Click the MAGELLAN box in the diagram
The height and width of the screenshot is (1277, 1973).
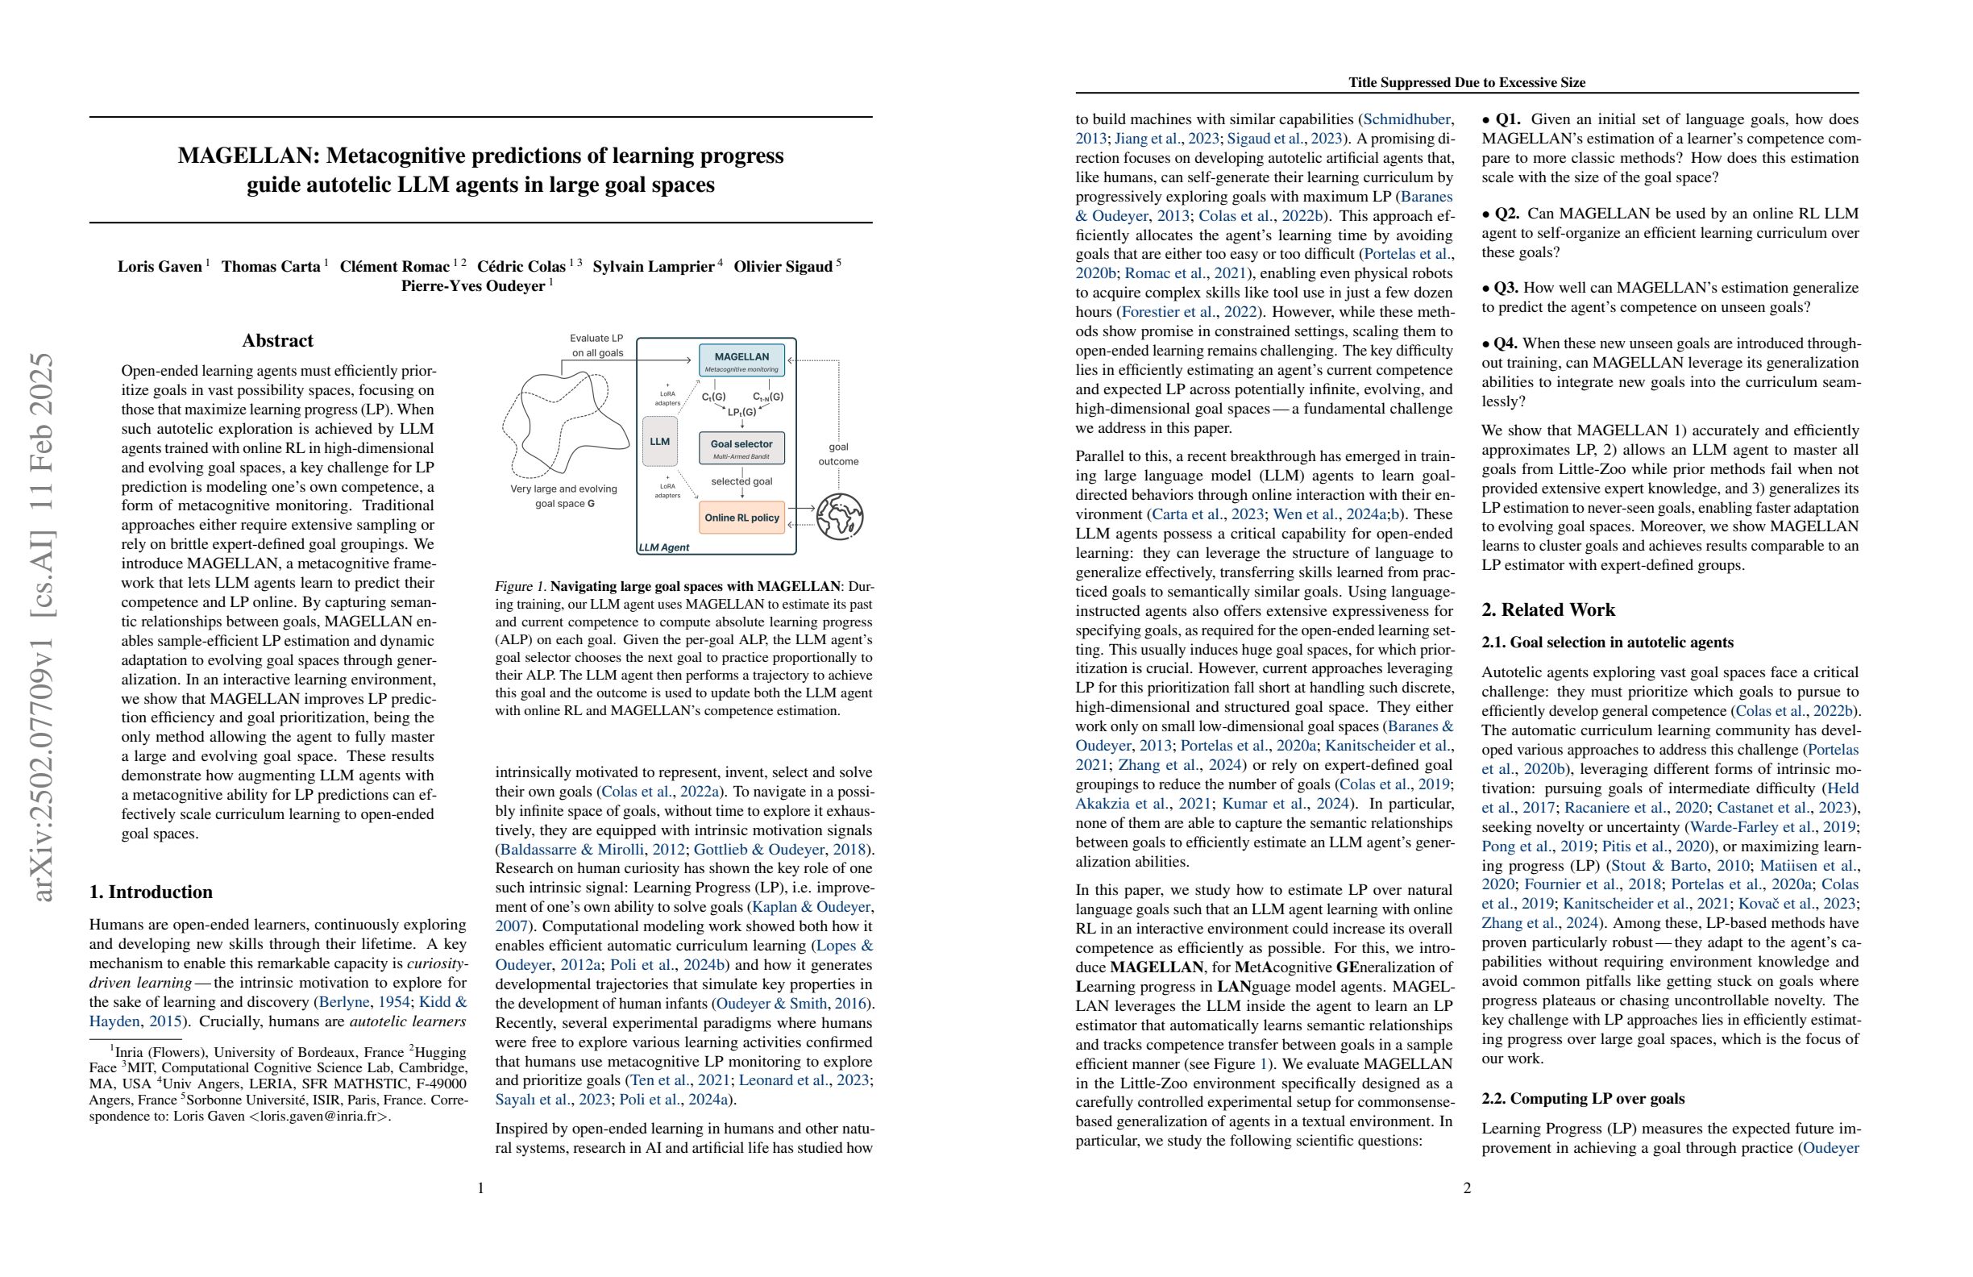[x=741, y=360]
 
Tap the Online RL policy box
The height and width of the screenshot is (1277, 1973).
[x=741, y=518]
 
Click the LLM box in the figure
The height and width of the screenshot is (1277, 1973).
[x=660, y=441]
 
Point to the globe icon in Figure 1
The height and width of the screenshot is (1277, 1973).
[x=839, y=516]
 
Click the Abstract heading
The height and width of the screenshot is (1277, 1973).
[x=277, y=341]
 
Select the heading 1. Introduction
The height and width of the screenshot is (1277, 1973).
[x=151, y=892]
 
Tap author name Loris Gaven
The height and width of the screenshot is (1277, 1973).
[x=160, y=266]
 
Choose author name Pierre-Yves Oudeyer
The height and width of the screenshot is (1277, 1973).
[x=472, y=286]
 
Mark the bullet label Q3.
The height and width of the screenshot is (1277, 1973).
[x=1506, y=288]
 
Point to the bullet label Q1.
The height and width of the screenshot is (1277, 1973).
[x=1506, y=119]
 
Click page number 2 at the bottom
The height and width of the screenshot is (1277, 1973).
[x=1467, y=1188]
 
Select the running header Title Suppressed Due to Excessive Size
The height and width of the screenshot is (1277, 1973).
[x=1467, y=82]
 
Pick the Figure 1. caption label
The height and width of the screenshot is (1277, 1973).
[x=520, y=587]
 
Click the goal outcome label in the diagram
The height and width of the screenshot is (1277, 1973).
[x=838, y=454]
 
